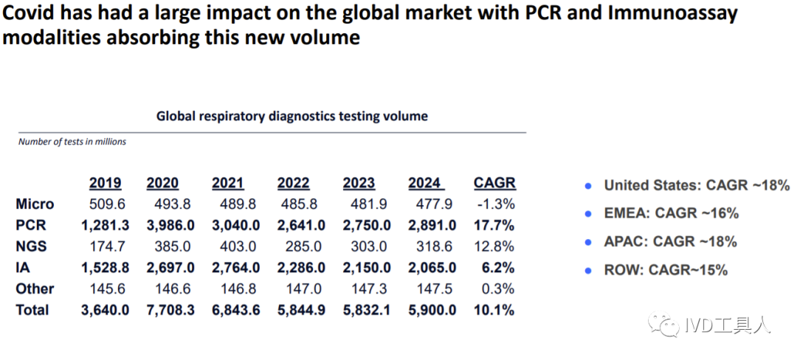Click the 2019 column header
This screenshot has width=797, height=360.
point(105,183)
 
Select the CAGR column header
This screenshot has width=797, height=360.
point(494,183)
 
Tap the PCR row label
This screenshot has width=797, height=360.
point(32,225)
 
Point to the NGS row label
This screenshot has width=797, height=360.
point(33,246)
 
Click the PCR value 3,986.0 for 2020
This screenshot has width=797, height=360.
point(170,225)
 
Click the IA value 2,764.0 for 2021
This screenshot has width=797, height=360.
point(235,268)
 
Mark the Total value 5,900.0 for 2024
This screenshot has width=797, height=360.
point(432,310)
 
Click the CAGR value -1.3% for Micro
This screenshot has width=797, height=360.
point(496,204)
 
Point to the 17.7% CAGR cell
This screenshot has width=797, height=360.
point(494,225)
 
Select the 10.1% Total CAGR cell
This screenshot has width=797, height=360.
point(494,310)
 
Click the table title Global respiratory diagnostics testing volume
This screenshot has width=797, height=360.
point(291,116)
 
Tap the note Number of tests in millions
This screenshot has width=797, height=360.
point(72,142)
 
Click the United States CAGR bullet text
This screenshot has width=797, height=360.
point(697,185)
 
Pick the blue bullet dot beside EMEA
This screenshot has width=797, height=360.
point(588,214)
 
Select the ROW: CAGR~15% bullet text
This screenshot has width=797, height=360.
point(666,270)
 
